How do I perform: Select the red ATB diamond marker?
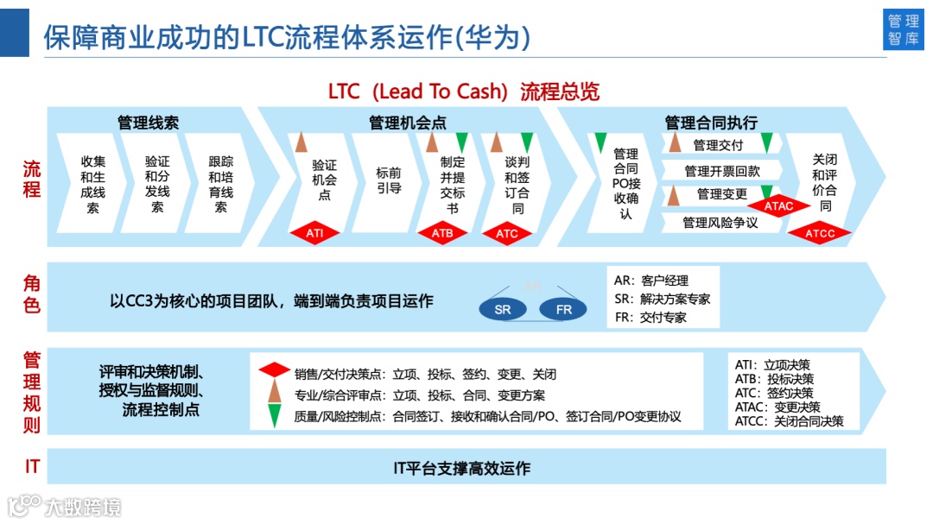tap(441, 233)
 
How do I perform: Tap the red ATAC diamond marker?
tap(778, 206)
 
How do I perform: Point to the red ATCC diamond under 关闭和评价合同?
tap(819, 233)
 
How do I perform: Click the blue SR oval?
tap(503, 309)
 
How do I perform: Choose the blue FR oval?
tap(563, 309)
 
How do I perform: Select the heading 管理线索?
tap(149, 123)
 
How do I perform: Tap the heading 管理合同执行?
tap(710, 123)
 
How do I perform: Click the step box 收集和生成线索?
tap(92, 184)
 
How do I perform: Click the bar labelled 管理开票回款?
tap(722, 171)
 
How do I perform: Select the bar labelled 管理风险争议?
tap(720, 223)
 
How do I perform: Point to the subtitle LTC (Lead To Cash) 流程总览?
tap(464, 92)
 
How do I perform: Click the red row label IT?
tap(32, 467)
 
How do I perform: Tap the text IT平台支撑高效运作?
tap(461, 468)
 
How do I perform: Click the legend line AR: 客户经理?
tap(651, 281)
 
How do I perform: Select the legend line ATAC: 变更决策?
tap(777, 407)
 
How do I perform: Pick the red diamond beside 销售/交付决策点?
tap(275, 370)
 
